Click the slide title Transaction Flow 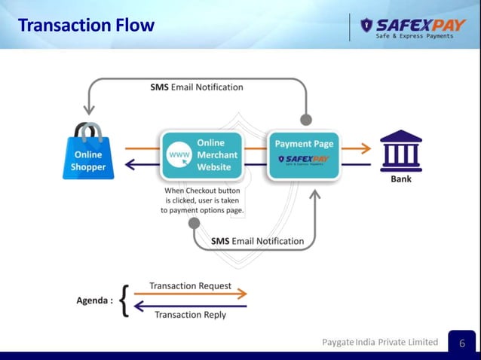click(86, 25)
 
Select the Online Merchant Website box click(202, 155)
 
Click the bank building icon click(400, 151)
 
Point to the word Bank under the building click(401, 180)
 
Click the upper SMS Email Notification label click(197, 87)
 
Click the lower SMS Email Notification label click(257, 241)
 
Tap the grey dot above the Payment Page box click(306, 119)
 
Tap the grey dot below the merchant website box click(194, 223)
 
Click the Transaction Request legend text click(190, 286)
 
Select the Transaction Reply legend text click(190, 315)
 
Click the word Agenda click(95, 301)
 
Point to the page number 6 click(462, 343)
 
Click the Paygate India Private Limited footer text click(380, 342)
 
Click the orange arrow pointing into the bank click(357, 148)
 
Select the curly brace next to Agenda click(126, 301)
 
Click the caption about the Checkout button click(202, 201)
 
